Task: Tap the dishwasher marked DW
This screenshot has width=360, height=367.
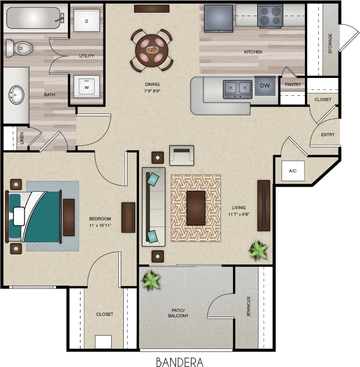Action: coord(265,85)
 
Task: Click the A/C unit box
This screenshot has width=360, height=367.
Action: coord(292,171)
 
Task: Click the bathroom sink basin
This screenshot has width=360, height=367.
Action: coord(17,95)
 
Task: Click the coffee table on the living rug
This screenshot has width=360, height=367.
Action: coord(196,208)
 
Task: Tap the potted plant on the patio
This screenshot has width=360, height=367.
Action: coord(152,279)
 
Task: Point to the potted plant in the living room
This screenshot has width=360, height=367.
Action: coord(258,250)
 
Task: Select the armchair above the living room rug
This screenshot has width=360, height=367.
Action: coord(181,156)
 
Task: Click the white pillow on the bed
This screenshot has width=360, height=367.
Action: coord(19,216)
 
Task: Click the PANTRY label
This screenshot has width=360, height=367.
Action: coord(293,84)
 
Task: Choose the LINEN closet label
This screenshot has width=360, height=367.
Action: coord(22,139)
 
